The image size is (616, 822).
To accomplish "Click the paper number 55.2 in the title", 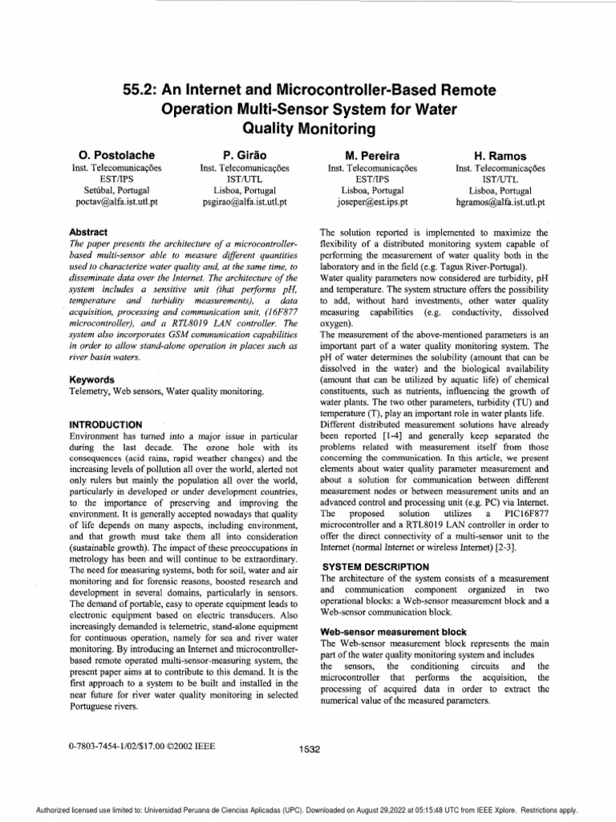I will (122, 92).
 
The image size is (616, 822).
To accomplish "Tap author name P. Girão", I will (244, 154).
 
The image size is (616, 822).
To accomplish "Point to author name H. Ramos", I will (501, 154).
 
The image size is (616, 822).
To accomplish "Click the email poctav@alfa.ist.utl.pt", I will (111, 202).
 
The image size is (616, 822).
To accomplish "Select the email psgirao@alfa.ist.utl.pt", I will (244, 202).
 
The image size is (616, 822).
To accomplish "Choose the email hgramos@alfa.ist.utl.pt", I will (501, 202).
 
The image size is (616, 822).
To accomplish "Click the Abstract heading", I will (89, 232).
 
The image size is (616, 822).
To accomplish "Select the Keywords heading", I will (92, 379).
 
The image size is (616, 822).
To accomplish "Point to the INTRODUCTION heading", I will (107, 424).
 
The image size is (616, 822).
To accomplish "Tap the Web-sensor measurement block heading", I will (391, 632).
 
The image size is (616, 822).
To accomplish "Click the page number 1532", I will (309, 749).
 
